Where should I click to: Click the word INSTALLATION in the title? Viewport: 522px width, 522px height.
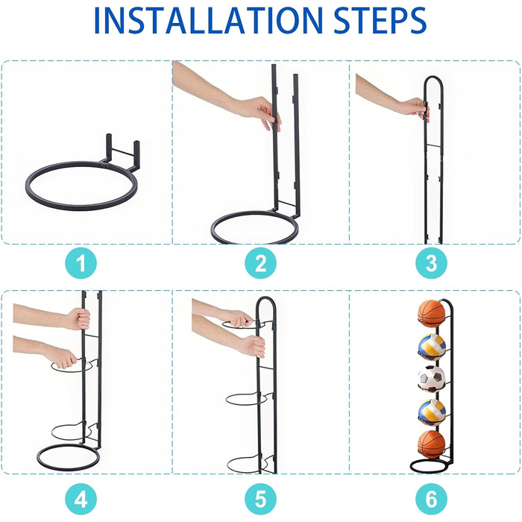(208, 21)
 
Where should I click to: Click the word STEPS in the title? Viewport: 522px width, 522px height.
(380, 21)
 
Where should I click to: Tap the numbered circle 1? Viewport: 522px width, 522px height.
(81, 263)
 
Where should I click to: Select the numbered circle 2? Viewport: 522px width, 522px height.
(261, 263)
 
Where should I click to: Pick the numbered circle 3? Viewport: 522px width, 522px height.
(432, 263)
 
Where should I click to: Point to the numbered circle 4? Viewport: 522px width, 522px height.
(81, 500)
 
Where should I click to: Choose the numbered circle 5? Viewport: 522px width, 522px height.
(261, 500)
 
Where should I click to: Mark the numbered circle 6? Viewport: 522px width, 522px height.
(432, 500)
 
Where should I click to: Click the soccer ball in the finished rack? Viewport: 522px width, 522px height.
(432, 379)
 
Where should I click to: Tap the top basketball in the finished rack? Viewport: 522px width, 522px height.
(432, 314)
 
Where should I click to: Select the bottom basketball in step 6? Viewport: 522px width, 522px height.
(432, 444)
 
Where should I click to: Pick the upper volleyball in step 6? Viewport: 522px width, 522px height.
(432, 348)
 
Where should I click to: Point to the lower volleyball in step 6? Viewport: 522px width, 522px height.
(432, 412)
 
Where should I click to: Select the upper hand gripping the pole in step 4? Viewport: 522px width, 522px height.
(78, 318)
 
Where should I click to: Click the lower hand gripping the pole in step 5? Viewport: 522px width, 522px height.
(252, 346)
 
